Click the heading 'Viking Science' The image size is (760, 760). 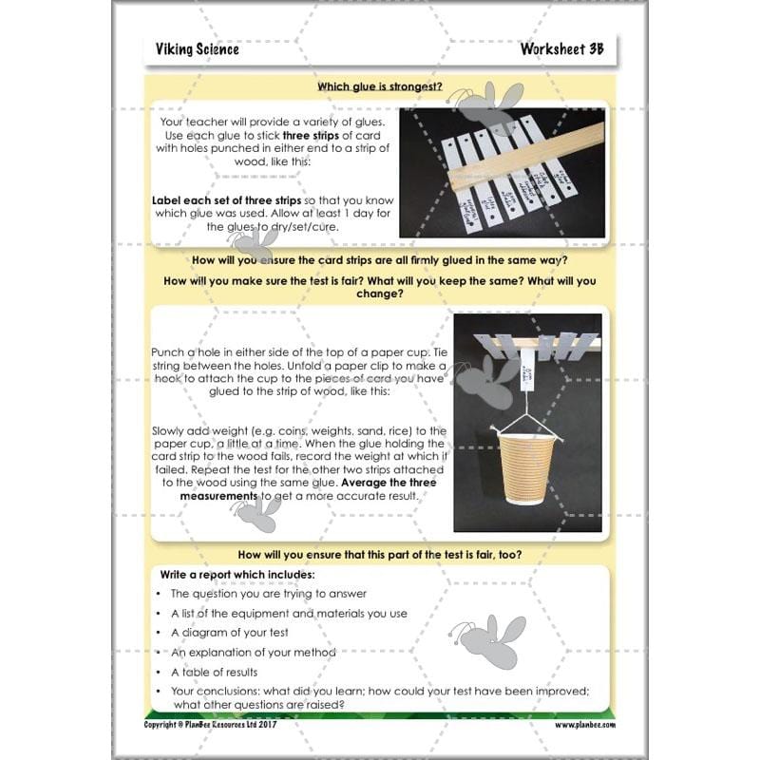[x=198, y=49]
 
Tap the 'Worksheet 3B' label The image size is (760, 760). [x=561, y=49]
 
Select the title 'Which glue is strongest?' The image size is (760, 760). [x=380, y=86]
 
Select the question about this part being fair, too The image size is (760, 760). [x=380, y=554]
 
